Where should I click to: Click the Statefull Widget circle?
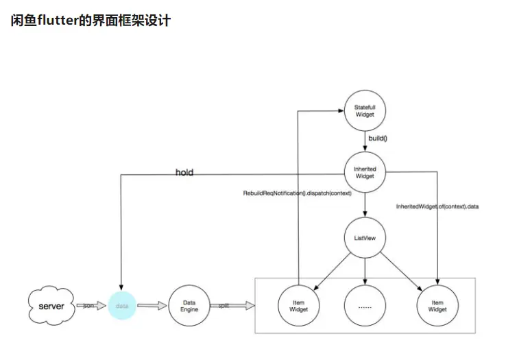pyautogui.click(x=364, y=111)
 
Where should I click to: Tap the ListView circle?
pyautogui.click(x=364, y=238)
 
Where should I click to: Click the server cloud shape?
pyautogui.click(x=51, y=305)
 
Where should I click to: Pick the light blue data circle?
pyautogui.click(x=121, y=305)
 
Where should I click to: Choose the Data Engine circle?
pyautogui.click(x=189, y=305)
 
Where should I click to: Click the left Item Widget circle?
pyautogui.click(x=298, y=305)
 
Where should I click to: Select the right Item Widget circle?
pyautogui.click(x=437, y=305)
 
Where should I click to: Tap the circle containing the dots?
pyautogui.click(x=364, y=305)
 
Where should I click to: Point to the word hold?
pyautogui.click(x=184, y=173)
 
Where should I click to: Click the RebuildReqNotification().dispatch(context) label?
pyautogui.click(x=297, y=193)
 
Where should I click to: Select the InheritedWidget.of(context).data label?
pyautogui.click(x=437, y=206)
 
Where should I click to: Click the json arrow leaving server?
pyautogui.click(x=88, y=305)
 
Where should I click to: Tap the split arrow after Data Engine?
pyautogui.click(x=225, y=305)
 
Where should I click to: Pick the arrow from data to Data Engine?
pyautogui.click(x=152, y=305)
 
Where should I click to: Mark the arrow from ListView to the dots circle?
pyautogui.click(x=364, y=271)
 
